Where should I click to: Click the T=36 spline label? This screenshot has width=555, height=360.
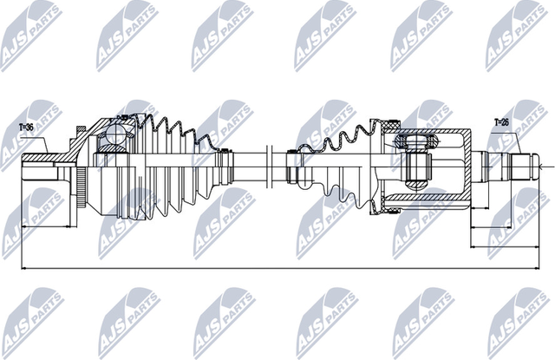pos(27,128)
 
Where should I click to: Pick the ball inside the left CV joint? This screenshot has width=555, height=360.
pos(114,134)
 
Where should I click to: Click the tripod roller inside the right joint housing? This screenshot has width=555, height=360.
pos(417,166)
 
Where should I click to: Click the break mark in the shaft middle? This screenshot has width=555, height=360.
pos(271,165)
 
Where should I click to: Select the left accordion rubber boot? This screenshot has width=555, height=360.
pos(165,165)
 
